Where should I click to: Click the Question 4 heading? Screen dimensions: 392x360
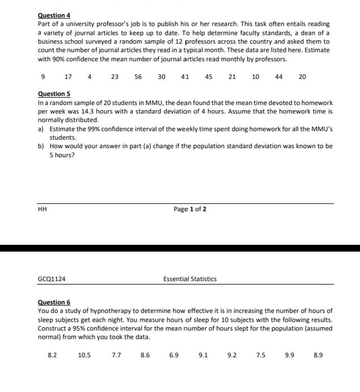[x=53, y=15]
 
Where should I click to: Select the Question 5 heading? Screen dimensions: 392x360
[x=53, y=94]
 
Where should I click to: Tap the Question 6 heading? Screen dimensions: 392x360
[x=53, y=302]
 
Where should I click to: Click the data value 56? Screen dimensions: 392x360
[x=139, y=77]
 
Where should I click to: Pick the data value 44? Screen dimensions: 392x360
[x=279, y=77]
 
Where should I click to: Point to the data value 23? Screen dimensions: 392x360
[x=115, y=77]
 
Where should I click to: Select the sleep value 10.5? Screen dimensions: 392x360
[x=84, y=355]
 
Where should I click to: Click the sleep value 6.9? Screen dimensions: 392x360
[x=174, y=355]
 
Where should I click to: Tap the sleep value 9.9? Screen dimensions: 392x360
[x=290, y=355]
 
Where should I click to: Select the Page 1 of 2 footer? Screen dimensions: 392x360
[x=190, y=209]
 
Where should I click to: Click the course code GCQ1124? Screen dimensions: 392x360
[x=50, y=279]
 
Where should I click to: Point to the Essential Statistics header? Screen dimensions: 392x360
[x=190, y=279]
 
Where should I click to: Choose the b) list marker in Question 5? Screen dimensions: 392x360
[x=41, y=147]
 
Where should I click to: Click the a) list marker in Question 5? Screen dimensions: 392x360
[x=41, y=130]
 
